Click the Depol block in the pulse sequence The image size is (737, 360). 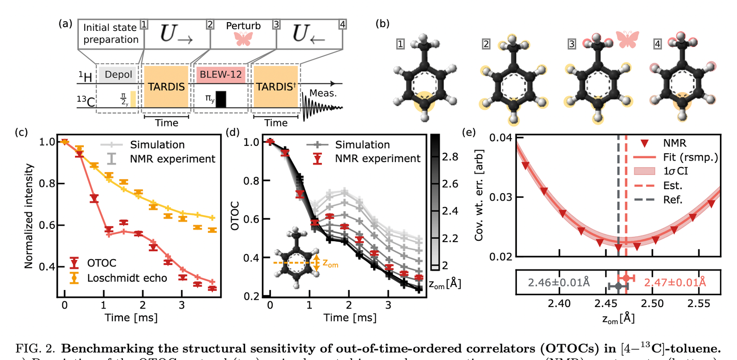118,75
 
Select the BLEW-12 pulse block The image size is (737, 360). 221,75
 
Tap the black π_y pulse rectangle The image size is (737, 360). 221,99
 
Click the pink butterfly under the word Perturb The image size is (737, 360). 244,39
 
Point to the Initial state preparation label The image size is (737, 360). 111,34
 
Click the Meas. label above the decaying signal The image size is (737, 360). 323,93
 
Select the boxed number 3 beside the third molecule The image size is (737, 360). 572,44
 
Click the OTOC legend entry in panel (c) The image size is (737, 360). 101,263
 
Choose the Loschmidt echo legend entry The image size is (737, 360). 127,278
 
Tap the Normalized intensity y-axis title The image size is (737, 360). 29,216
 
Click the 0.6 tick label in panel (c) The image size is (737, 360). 47,225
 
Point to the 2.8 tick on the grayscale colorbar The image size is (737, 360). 450,157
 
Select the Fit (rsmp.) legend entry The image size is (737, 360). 690,157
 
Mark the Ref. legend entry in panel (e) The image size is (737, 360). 673,200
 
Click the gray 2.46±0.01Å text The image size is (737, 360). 559,282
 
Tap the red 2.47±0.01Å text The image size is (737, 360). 675,282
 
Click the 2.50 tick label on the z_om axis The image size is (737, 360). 652,303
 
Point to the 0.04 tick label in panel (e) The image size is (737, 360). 500,138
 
